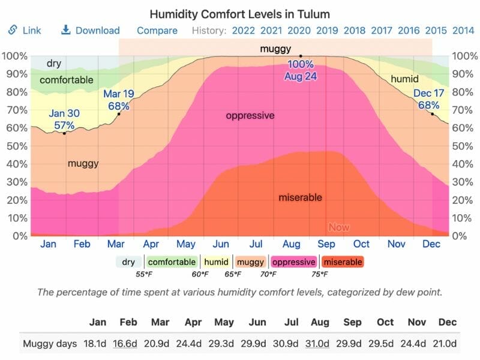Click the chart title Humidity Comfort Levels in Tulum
click(239, 13)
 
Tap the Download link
click(91, 31)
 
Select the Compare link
click(157, 31)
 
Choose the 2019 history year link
click(327, 31)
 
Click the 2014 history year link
click(463, 31)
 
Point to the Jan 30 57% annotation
click(64, 119)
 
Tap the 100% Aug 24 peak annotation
click(301, 70)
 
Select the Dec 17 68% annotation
click(428, 99)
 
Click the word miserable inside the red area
click(300, 197)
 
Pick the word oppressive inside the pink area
click(250, 116)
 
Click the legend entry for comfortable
click(172, 262)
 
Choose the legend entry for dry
click(128, 262)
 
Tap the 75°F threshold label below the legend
click(320, 274)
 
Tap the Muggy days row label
click(49, 344)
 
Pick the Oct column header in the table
click(385, 322)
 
